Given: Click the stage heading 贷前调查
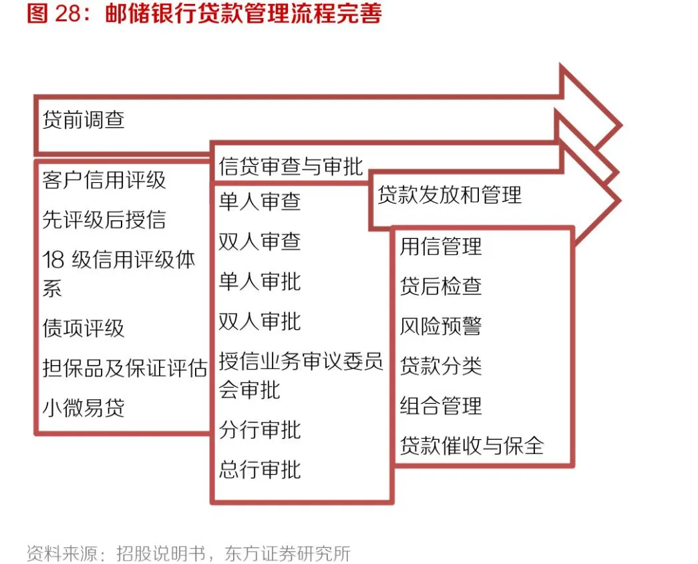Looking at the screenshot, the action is pos(83,120).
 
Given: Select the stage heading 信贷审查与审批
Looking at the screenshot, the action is pos(291,166).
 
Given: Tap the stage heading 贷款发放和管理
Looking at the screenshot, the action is pos(450,196).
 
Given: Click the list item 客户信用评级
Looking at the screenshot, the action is pos(104,180).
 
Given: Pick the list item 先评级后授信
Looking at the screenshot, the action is pos(104,220).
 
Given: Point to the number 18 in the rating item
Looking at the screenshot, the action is pos(53,260).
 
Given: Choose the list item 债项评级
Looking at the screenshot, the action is pos(83,328).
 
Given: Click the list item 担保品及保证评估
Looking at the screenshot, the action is pos(124,368).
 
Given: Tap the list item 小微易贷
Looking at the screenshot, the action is pos(83,407).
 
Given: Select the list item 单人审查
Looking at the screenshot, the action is pos(260,202).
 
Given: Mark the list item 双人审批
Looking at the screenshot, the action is pos(260,322).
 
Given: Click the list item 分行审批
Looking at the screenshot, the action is pos(260,430).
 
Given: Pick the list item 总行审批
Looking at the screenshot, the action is pos(260,469).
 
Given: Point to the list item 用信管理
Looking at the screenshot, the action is pos(441,246).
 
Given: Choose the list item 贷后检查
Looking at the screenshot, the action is pos(441,286).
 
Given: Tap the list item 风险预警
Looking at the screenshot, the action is pos(441,326).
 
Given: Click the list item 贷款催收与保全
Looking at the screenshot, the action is pos(472,445).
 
